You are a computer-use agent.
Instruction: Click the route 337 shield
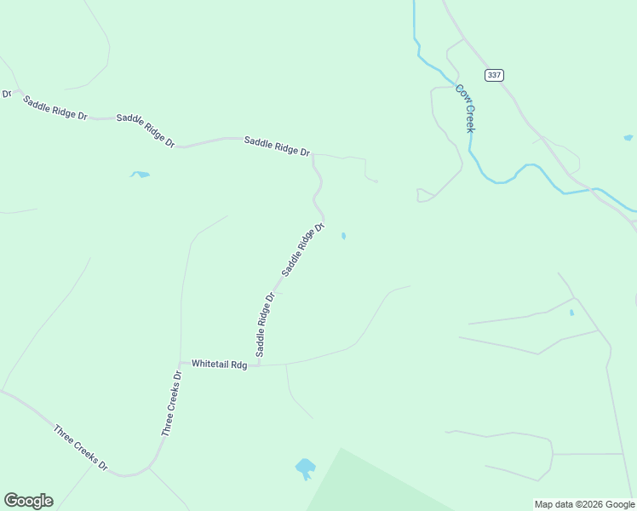(x=494, y=75)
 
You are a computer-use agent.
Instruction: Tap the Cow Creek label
(x=464, y=108)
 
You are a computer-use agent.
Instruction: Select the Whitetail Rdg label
(x=219, y=364)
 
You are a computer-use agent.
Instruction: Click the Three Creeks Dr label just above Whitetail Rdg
(x=172, y=404)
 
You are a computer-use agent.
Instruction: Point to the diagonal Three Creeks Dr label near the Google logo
(x=80, y=447)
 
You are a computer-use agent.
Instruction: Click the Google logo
(x=28, y=501)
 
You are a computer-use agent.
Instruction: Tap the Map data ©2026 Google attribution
(x=584, y=504)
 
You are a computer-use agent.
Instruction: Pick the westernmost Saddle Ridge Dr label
(x=55, y=108)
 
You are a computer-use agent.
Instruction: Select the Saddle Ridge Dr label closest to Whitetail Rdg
(x=265, y=324)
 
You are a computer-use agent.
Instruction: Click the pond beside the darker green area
(x=305, y=468)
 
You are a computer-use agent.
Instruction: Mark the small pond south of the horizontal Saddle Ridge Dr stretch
(x=140, y=175)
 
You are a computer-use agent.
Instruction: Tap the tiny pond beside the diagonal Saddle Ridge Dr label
(x=343, y=236)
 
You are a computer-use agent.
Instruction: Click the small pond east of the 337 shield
(x=628, y=137)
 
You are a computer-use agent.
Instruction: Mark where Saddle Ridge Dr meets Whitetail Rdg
(x=258, y=365)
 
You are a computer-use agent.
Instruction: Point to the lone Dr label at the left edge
(x=6, y=94)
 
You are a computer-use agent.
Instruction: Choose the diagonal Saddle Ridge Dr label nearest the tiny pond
(x=303, y=249)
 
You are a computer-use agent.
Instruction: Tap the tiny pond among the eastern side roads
(x=571, y=313)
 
